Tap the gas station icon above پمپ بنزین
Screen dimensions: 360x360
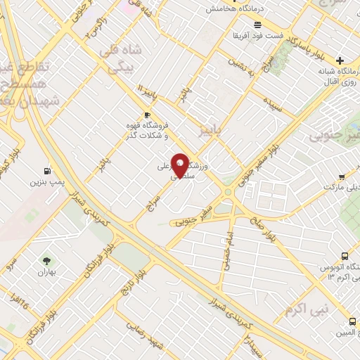[x=47, y=170]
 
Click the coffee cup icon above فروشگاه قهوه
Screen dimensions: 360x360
[x=146, y=115]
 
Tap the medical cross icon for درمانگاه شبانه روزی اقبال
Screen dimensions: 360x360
[x=340, y=60]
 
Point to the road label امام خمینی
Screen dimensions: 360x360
[x=227, y=245]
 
